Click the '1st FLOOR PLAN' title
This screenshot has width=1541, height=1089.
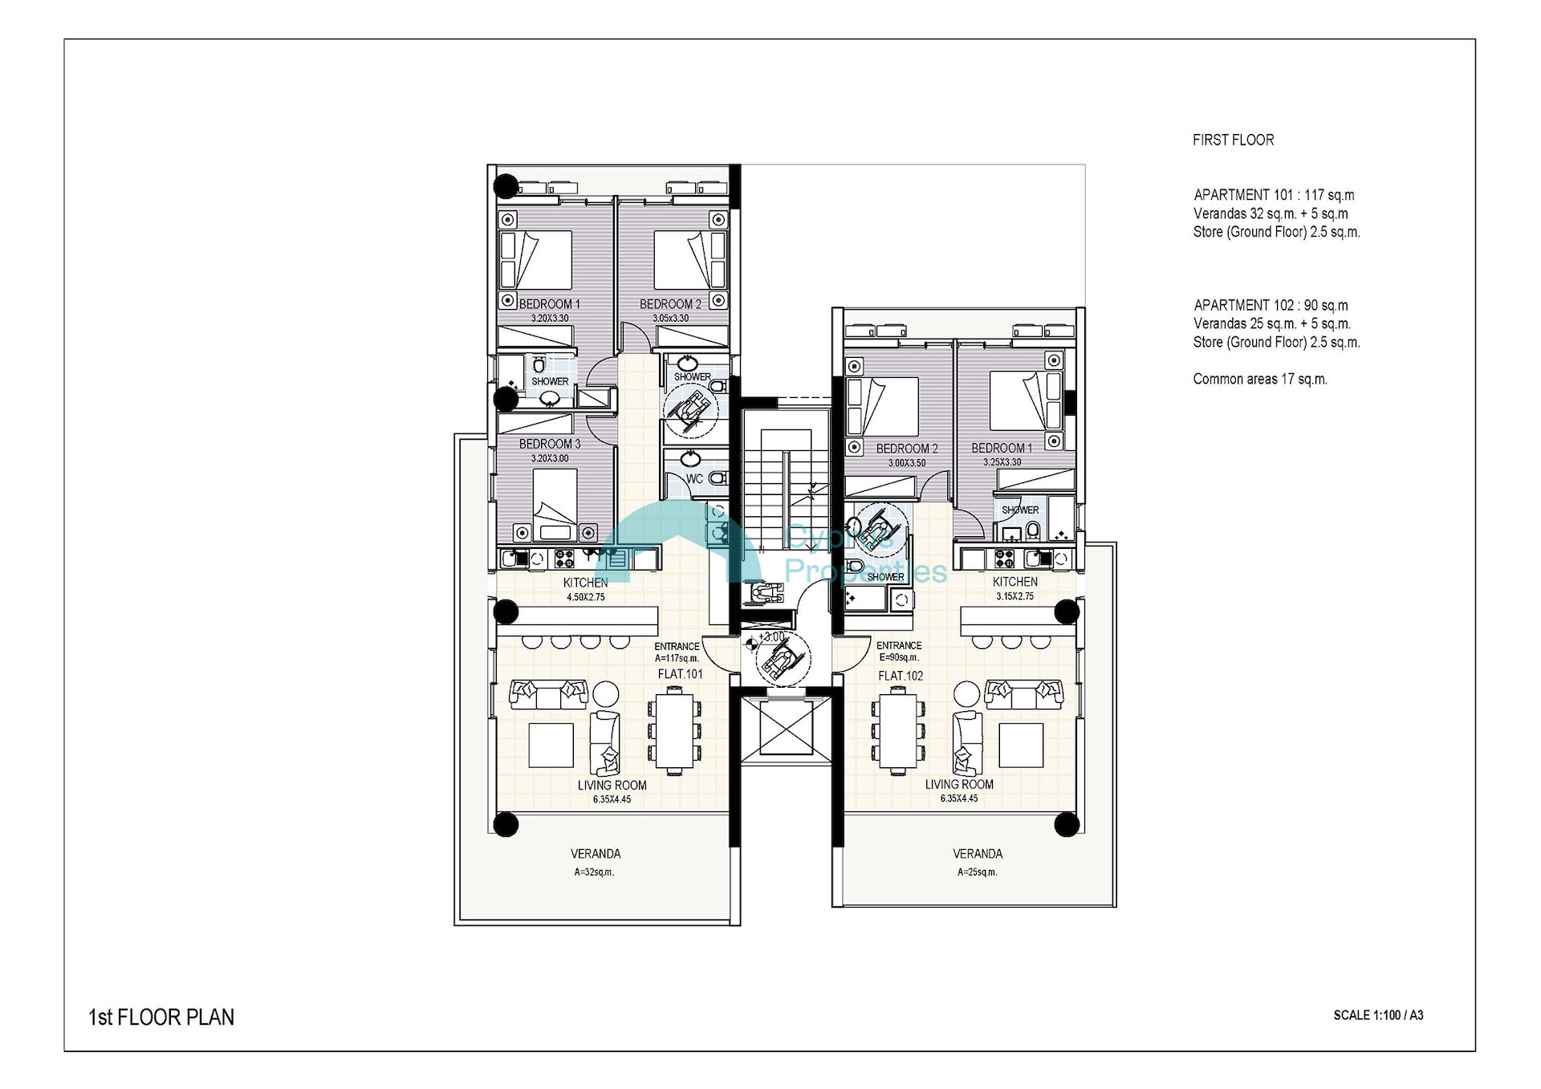tap(161, 1018)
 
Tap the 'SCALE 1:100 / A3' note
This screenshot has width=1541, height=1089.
tap(1378, 1015)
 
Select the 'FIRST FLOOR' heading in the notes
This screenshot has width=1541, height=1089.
tap(1233, 140)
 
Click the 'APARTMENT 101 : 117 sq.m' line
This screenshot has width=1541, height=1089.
tap(1274, 195)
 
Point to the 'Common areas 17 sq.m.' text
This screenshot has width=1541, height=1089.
tap(1260, 379)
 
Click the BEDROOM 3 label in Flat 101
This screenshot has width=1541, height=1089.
tap(550, 450)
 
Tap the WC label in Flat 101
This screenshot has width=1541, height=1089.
tap(694, 479)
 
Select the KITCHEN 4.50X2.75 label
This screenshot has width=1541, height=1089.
tap(586, 589)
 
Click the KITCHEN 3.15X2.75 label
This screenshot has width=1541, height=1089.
tap(1015, 588)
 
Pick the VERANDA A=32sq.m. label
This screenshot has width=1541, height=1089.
tap(596, 862)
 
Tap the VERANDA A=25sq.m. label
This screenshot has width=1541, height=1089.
tap(978, 862)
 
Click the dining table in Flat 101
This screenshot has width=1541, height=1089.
tap(674, 732)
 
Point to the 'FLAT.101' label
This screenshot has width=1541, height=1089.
tap(680, 674)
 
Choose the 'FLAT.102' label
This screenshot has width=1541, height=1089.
tap(901, 676)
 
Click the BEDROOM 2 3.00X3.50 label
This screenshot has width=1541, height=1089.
tap(907, 455)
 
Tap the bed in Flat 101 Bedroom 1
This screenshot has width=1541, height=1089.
tap(535, 260)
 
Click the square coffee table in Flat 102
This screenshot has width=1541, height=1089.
tap(1021, 746)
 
